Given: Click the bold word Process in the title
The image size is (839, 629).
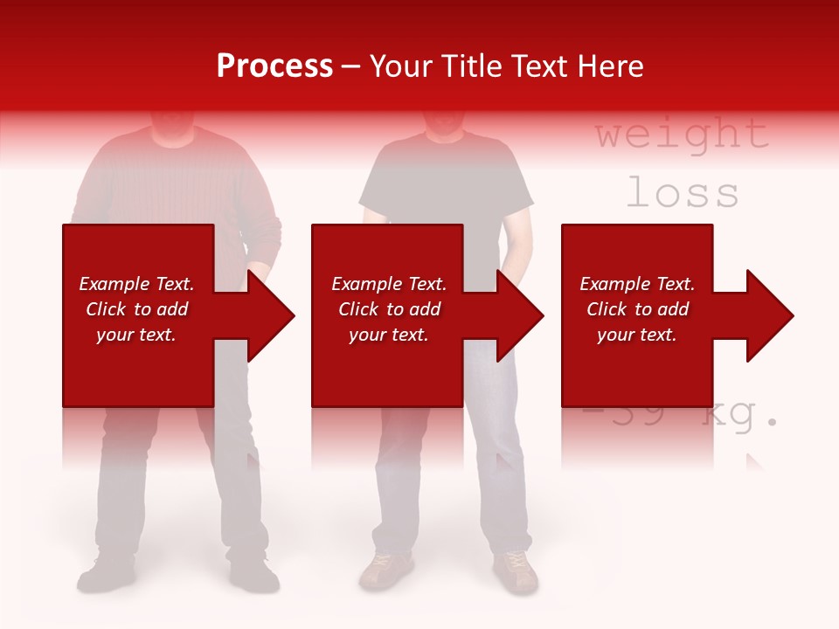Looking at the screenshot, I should tap(274, 66).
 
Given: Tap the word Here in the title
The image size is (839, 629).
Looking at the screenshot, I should tap(610, 66).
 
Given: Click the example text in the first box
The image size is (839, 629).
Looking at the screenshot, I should tap(136, 309).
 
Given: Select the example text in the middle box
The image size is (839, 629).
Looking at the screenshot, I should tap(389, 309).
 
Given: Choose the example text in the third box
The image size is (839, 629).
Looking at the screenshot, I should tap(637, 309).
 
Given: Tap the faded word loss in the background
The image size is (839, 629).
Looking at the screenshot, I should tap(682, 193).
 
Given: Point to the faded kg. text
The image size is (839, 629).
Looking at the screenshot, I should tap(739, 418).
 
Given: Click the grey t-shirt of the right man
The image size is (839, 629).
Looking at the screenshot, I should tap(446, 188).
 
